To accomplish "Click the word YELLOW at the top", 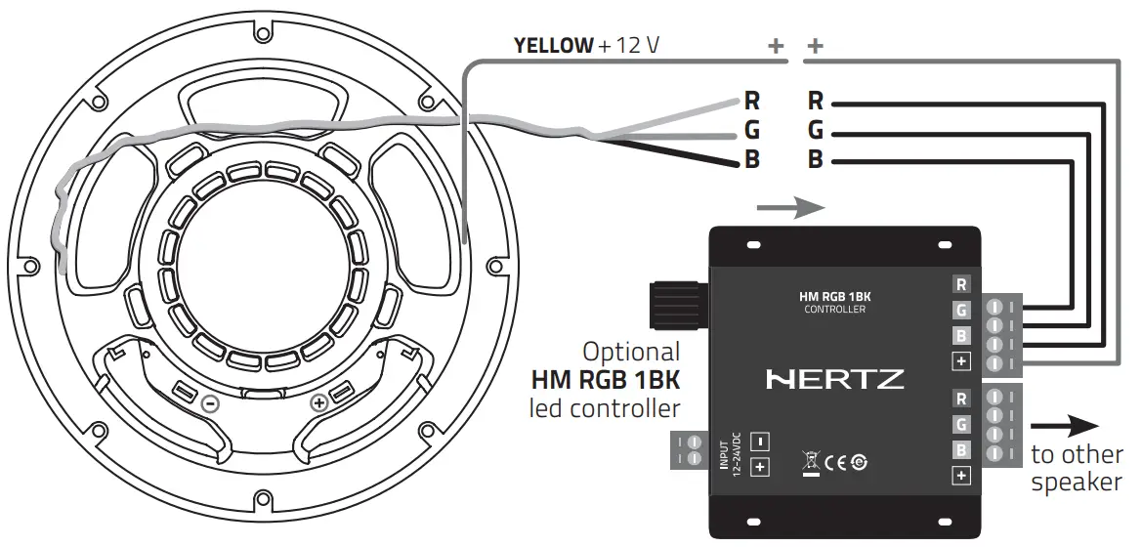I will pyautogui.click(x=553, y=45).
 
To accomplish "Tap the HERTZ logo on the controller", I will pyautogui.click(x=835, y=379).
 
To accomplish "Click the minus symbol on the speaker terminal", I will pyautogui.click(x=208, y=402).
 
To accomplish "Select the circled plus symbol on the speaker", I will pyautogui.click(x=317, y=402).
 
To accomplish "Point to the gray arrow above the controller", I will pyautogui.click(x=791, y=208).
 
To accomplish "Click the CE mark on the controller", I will pyautogui.click(x=835, y=464).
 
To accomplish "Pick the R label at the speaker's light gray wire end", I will pyautogui.click(x=751, y=100).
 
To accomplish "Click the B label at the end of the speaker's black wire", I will pyautogui.click(x=751, y=160).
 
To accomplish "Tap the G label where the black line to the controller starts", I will pyautogui.click(x=816, y=130).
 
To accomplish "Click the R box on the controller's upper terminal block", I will pyautogui.click(x=961, y=285).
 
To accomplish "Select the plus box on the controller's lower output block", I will pyautogui.click(x=961, y=476).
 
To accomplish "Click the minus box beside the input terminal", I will pyautogui.click(x=761, y=442).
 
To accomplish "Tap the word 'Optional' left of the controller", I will pyautogui.click(x=630, y=352).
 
